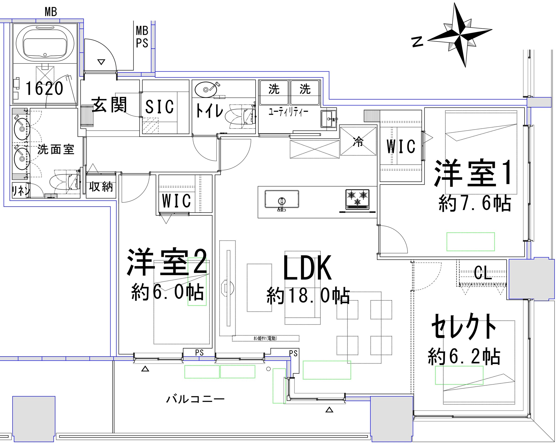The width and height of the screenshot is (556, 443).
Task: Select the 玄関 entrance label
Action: [x=109, y=105]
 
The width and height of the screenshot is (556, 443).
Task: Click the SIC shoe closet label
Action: [x=160, y=107]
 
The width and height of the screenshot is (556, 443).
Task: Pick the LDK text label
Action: [x=307, y=268]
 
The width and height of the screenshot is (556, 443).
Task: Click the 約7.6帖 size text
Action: [x=474, y=204]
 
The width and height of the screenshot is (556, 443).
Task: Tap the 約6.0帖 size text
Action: [x=168, y=292]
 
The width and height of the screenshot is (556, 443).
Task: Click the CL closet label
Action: [x=483, y=274]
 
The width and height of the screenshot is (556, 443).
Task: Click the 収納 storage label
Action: [x=101, y=187]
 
